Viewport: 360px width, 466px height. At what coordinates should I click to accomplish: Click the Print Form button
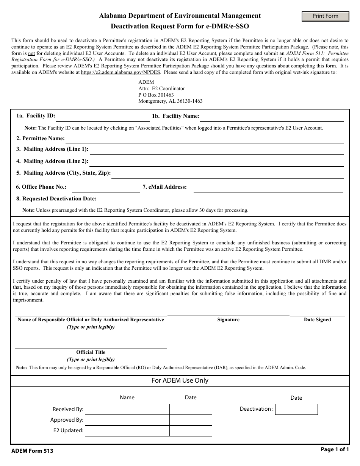point(325,16)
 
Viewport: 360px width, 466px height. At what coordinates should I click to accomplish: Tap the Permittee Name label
point(41,138)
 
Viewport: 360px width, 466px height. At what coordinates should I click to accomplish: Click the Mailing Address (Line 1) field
point(216,150)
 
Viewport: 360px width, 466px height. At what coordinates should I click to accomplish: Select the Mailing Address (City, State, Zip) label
point(63,173)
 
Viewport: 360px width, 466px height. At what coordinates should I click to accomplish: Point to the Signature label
point(228,320)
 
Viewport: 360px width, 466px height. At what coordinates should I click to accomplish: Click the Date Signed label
point(317,320)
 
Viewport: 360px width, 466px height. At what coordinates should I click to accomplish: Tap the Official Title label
point(91,352)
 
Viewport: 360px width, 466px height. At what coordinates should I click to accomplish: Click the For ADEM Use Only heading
point(180,381)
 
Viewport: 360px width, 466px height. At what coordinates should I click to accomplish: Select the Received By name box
point(127,410)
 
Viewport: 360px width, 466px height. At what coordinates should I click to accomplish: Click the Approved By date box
point(191,420)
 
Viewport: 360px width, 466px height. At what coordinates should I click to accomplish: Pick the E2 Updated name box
point(127,431)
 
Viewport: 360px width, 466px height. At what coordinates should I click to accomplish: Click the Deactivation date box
point(296,410)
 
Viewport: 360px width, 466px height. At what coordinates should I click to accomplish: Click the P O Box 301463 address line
point(156,95)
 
